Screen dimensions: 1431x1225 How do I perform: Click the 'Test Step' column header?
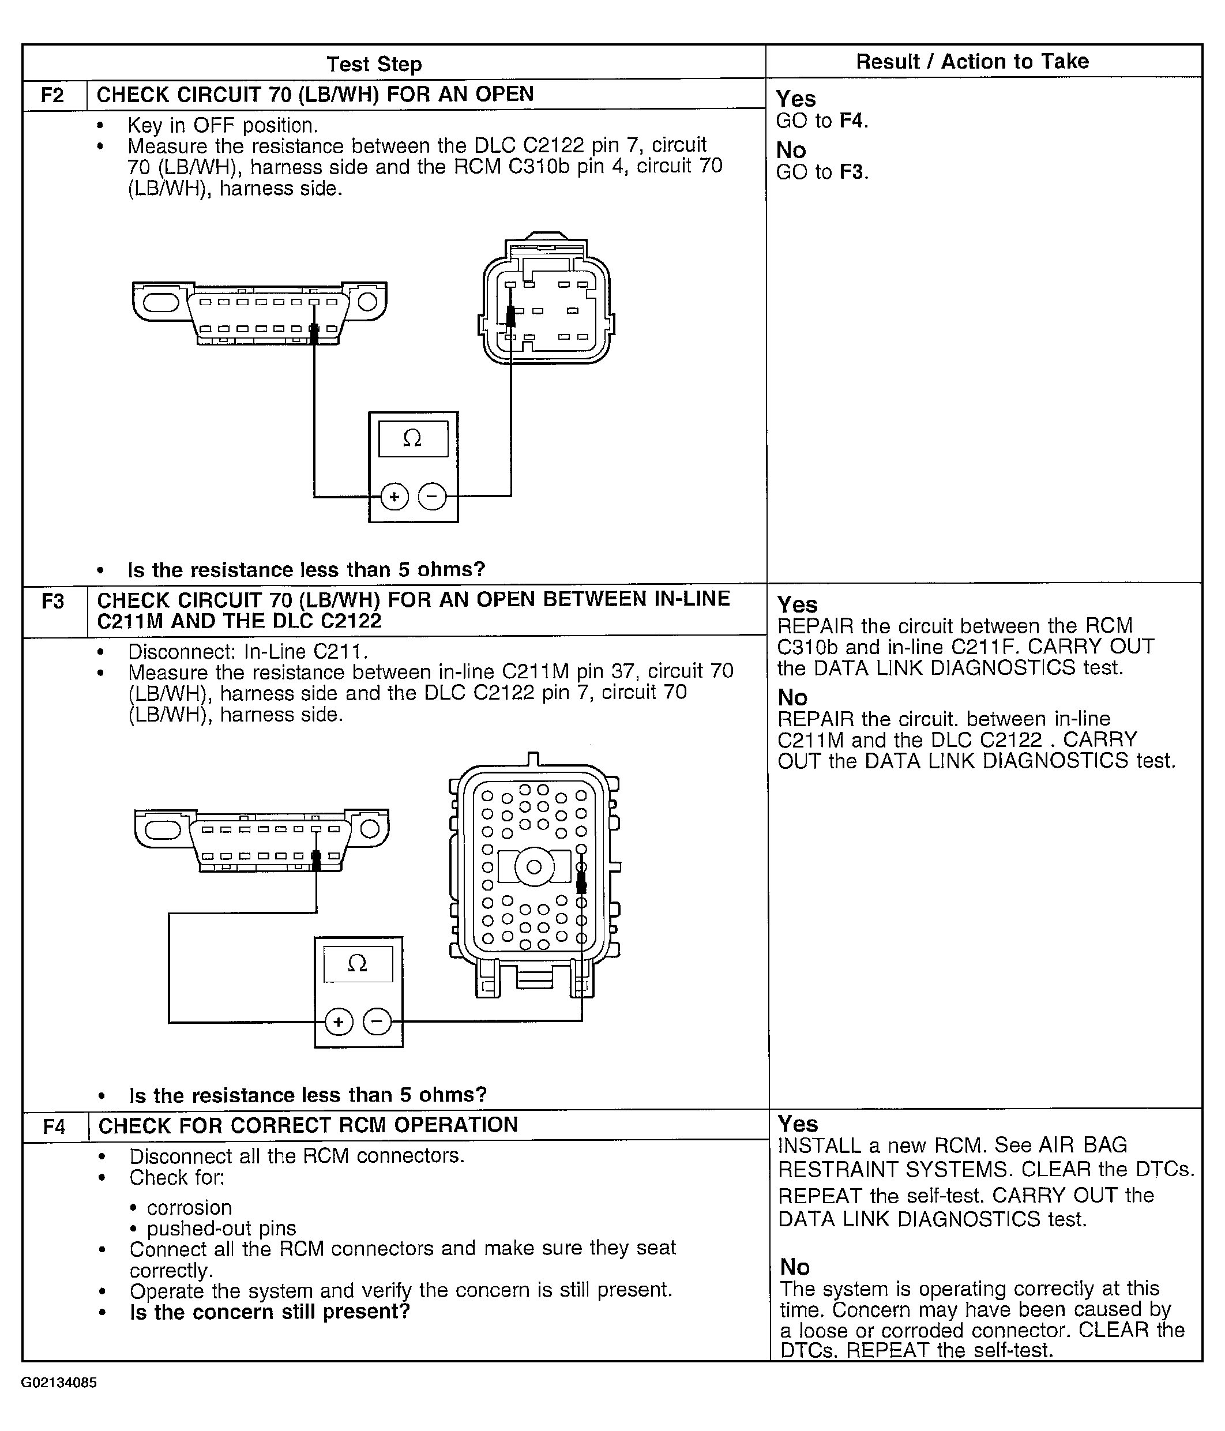coord(374,64)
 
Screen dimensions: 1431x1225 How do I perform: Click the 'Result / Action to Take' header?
coord(972,62)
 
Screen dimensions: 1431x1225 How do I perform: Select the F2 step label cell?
coord(53,95)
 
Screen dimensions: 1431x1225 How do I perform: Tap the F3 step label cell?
coord(53,602)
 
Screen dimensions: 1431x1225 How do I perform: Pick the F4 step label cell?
coord(55,1127)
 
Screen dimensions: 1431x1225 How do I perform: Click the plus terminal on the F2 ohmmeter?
coord(394,497)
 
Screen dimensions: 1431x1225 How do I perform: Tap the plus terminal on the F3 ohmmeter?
coord(339,1022)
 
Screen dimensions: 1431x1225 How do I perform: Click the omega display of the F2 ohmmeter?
coord(413,438)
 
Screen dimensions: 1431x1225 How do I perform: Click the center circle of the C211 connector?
coord(534,867)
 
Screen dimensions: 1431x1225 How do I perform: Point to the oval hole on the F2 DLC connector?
coord(161,302)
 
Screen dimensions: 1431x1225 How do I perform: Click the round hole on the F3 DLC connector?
coord(370,828)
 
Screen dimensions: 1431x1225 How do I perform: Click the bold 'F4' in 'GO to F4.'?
coord(851,121)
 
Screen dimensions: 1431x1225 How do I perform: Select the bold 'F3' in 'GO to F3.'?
coord(851,172)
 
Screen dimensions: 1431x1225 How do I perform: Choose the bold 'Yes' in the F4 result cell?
coord(798,1124)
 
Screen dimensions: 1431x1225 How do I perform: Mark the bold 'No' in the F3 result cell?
coord(792,697)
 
